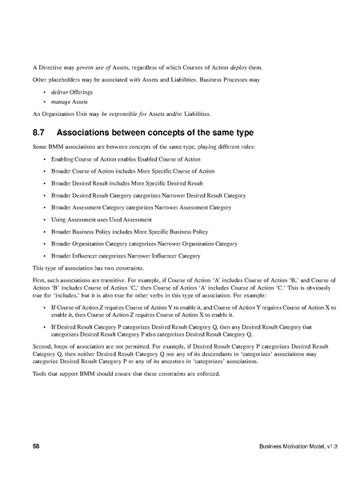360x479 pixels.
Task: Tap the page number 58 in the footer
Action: [x=36, y=445]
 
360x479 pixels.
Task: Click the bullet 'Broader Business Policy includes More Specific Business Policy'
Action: [x=132, y=229]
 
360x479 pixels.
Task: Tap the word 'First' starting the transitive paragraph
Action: [x=39, y=280]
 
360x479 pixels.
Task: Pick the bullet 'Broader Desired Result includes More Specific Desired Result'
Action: [x=129, y=183]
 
